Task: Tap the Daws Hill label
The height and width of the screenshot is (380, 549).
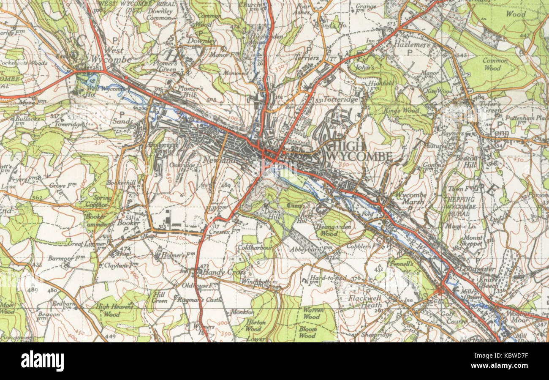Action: [x=272, y=213]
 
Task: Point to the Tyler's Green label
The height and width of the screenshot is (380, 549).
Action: [x=489, y=107]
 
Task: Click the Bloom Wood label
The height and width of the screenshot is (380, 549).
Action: [x=307, y=332]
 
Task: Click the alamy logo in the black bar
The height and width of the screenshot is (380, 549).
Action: [x=43, y=361]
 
